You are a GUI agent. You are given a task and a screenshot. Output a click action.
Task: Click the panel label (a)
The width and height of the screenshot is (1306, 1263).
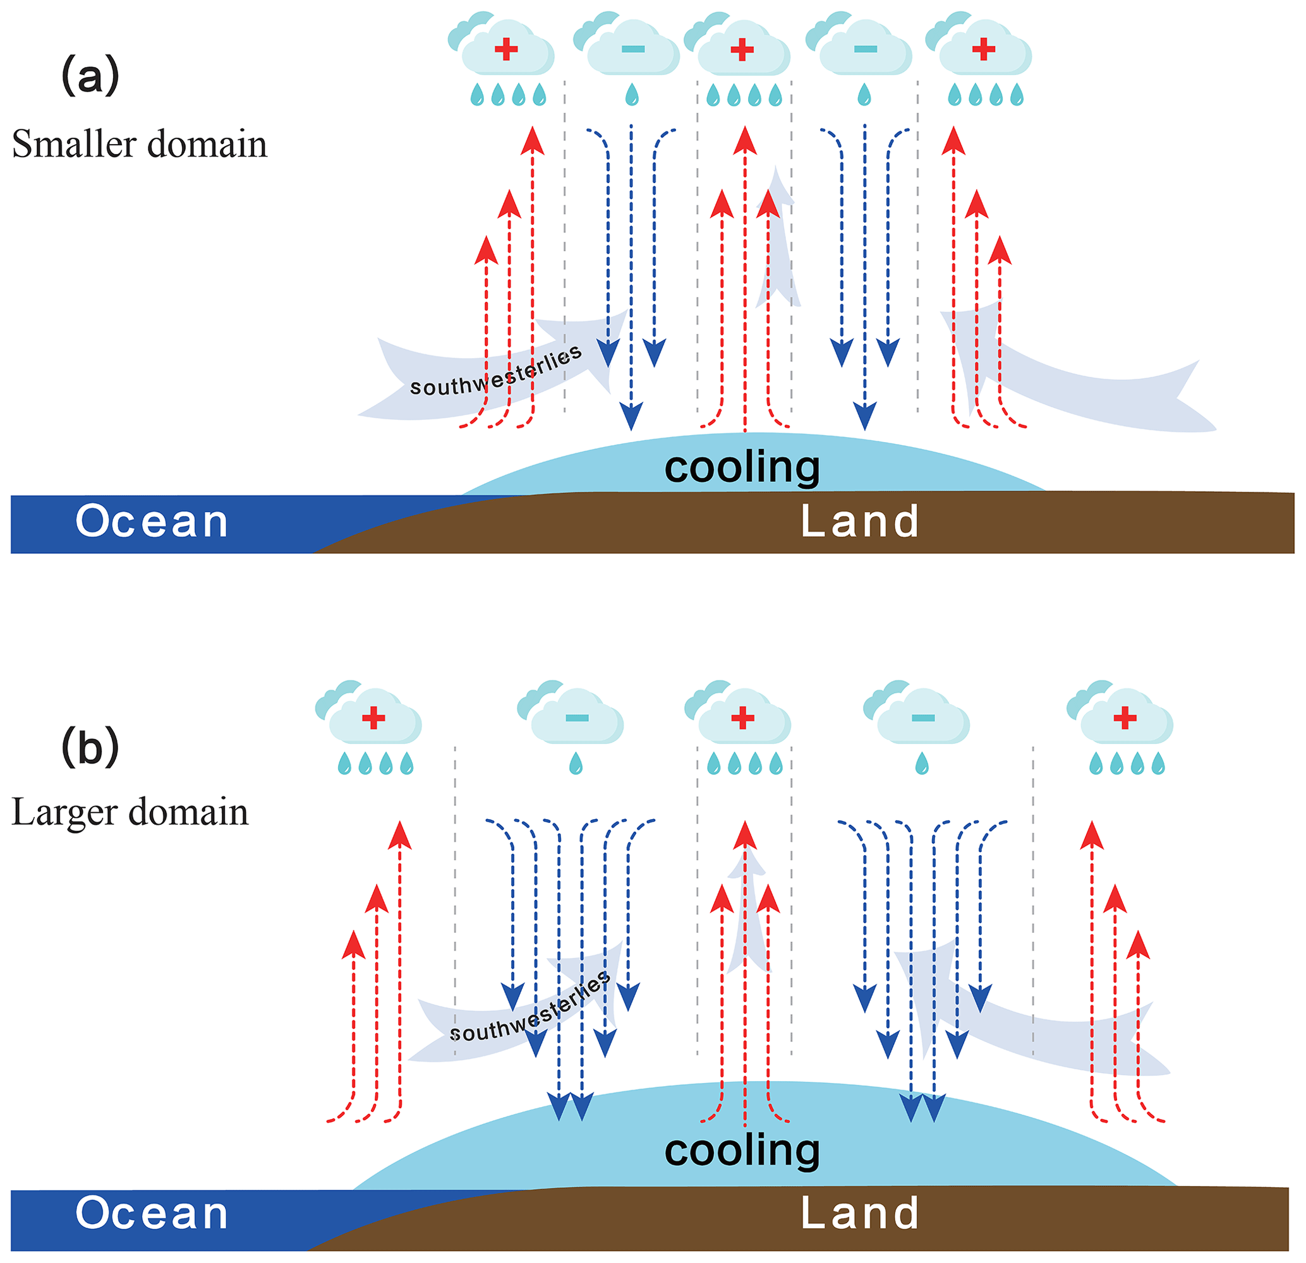click(x=90, y=75)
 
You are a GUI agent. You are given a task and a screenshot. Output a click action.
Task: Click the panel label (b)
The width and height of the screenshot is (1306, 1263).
click(x=90, y=746)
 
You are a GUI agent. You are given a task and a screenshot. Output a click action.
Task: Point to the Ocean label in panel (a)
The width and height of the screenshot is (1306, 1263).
click(x=152, y=521)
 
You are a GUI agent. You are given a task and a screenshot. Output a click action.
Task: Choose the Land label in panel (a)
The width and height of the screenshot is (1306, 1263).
click(x=859, y=521)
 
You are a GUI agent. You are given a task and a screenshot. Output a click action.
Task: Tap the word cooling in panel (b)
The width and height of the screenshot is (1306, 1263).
click(x=742, y=1150)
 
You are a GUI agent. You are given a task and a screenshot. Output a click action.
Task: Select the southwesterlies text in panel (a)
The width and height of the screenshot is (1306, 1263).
click(x=497, y=372)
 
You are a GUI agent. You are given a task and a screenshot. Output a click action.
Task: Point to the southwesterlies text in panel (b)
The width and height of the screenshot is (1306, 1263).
click(x=530, y=1007)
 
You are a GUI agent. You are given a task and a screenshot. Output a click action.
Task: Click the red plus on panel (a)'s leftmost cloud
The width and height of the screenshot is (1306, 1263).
click(x=506, y=49)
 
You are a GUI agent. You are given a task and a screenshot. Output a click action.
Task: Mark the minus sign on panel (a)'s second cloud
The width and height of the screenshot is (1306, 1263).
click(x=633, y=49)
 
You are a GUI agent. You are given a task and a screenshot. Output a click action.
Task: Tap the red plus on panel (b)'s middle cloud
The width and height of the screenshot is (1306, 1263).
click(x=742, y=717)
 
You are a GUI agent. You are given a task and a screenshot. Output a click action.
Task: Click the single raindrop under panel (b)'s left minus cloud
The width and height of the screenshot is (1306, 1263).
click(x=576, y=763)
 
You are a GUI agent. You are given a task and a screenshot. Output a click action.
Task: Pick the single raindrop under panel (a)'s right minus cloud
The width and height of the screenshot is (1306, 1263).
click(x=864, y=95)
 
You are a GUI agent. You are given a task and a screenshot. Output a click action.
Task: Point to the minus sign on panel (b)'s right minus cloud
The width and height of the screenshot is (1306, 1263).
click(x=923, y=717)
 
